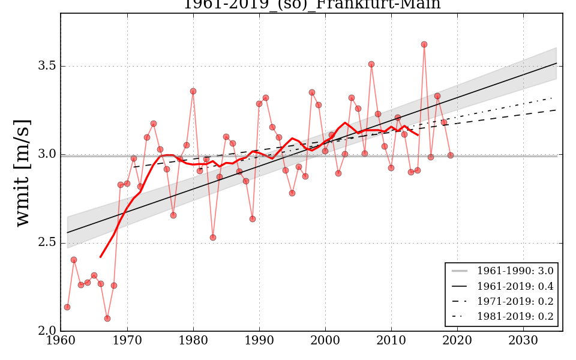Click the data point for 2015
[x=424, y=44]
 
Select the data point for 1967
[x=107, y=319]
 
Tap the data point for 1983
[x=213, y=238]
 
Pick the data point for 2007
[x=371, y=64]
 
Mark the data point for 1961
[x=67, y=307]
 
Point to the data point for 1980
[x=193, y=91]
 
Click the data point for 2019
[x=451, y=155]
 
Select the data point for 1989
[x=253, y=219]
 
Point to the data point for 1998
[x=312, y=92]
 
